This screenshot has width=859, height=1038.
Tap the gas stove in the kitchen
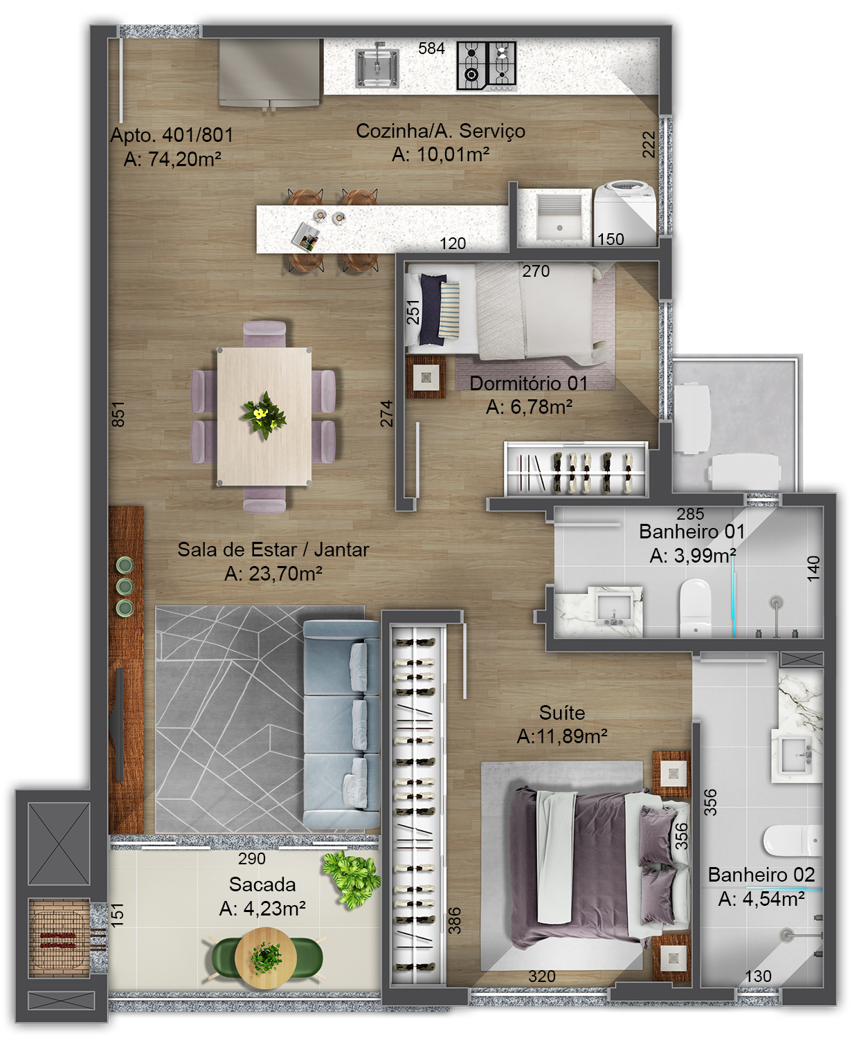(x=487, y=66)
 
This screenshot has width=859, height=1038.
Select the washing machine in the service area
(x=625, y=214)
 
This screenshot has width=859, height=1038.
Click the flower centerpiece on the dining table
(x=264, y=415)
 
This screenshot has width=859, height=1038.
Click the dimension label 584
(x=431, y=48)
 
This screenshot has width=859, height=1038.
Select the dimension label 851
(x=118, y=414)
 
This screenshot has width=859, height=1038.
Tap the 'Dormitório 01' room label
(x=528, y=383)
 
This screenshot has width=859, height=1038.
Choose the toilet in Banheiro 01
(x=695, y=607)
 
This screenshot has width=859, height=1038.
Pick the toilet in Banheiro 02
(x=793, y=840)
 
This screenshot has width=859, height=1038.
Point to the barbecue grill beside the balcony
(x=59, y=937)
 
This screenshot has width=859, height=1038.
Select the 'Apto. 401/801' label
(x=172, y=135)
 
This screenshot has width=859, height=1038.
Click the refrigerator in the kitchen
(x=269, y=73)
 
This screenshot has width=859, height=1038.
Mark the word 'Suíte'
(x=562, y=712)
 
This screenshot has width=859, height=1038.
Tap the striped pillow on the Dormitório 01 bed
(x=449, y=310)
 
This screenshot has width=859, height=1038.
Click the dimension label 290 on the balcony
(x=252, y=859)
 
